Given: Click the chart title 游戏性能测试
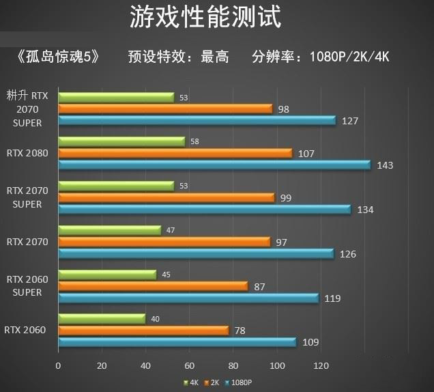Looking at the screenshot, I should point(205,18).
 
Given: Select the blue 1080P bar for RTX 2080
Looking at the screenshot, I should point(214,165).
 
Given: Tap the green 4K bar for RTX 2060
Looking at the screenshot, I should point(102,319).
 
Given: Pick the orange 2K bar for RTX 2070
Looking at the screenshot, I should point(164,242).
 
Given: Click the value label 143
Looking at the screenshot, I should point(385,165).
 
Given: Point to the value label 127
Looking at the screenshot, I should point(350,121).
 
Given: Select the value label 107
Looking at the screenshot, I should point(306,154).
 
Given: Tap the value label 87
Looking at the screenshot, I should point(259,287).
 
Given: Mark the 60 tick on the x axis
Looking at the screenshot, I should point(190,366).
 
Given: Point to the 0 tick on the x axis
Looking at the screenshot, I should point(59,366).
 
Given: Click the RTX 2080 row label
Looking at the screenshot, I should point(27,153).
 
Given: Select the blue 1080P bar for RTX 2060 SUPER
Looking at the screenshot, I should point(188,298).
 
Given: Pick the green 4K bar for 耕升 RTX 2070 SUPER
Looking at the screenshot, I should point(116,98).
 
